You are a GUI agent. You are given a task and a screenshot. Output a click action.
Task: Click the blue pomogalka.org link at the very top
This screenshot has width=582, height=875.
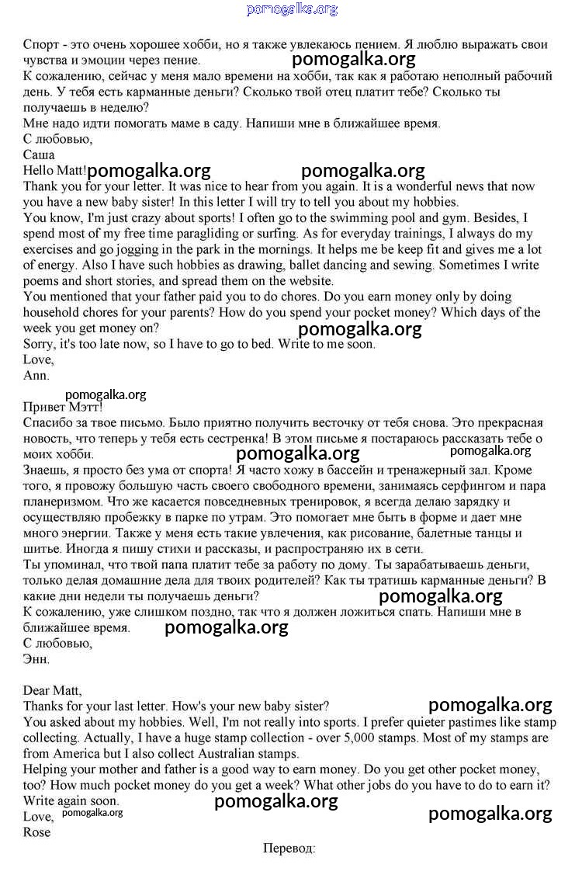click(x=292, y=9)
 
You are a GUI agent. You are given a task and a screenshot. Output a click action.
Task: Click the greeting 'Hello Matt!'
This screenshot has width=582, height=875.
click(x=55, y=170)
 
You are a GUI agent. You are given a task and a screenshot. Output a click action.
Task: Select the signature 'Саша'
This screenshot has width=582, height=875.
click(x=39, y=155)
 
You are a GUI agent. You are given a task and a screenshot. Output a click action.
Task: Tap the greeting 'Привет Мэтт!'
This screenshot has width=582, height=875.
click(x=63, y=407)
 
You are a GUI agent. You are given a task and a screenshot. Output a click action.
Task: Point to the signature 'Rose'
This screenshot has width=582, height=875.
click(x=36, y=832)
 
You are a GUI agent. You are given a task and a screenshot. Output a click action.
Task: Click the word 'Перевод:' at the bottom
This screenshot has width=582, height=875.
click(x=289, y=848)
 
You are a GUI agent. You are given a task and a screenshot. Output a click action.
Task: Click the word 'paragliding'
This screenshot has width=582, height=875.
click(x=233, y=234)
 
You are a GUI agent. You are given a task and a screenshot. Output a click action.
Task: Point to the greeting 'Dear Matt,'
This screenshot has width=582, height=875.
click(x=52, y=689)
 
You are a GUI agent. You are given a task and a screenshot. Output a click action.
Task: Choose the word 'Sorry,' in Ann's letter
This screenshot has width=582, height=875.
click(x=40, y=344)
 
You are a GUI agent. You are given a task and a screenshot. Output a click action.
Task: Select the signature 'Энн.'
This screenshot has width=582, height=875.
click(x=36, y=659)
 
